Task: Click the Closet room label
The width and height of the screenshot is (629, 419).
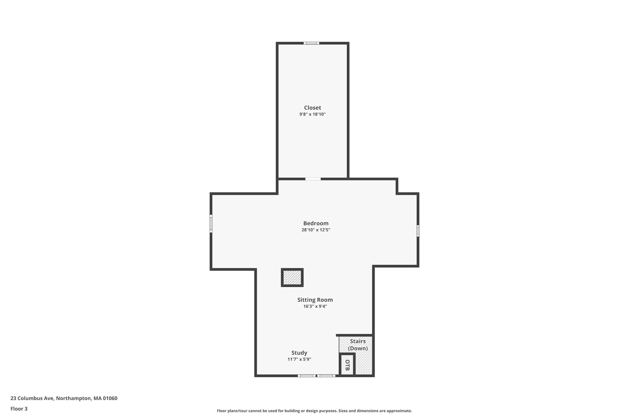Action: [x=312, y=108]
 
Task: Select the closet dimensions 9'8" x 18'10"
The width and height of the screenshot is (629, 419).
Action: [x=312, y=114]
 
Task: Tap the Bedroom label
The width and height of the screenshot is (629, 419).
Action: [x=316, y=223]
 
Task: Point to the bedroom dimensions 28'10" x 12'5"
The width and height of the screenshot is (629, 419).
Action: [x=316, y=230]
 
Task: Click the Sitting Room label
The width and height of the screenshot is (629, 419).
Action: [x=315, y=300]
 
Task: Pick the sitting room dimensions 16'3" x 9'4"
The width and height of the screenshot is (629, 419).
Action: [x=315, y=306]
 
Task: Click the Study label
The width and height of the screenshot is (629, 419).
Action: [x=299, y=353]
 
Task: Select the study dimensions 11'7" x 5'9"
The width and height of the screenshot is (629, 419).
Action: [x=299, y=359]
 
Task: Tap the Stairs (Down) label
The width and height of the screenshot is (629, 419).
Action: [x=358, y=345]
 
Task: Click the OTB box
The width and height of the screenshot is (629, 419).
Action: [x=347, y=365]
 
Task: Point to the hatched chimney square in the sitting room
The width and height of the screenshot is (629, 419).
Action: [x=292, y=277]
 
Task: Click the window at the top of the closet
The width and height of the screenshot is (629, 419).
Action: [x=311, y=43]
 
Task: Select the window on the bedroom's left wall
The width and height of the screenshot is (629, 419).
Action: [x=211, y=223]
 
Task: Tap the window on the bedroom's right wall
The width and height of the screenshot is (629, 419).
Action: [x=418, y=231]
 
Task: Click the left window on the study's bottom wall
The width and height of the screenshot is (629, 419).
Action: [x=307, y=376]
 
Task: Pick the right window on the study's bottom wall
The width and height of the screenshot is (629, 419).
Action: [x=326, y=376]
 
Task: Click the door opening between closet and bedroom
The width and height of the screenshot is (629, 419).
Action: [x=313, y=179]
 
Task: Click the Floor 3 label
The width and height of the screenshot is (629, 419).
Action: [x=19, y=409]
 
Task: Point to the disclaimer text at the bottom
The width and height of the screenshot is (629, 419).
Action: [x=314, y=411]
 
